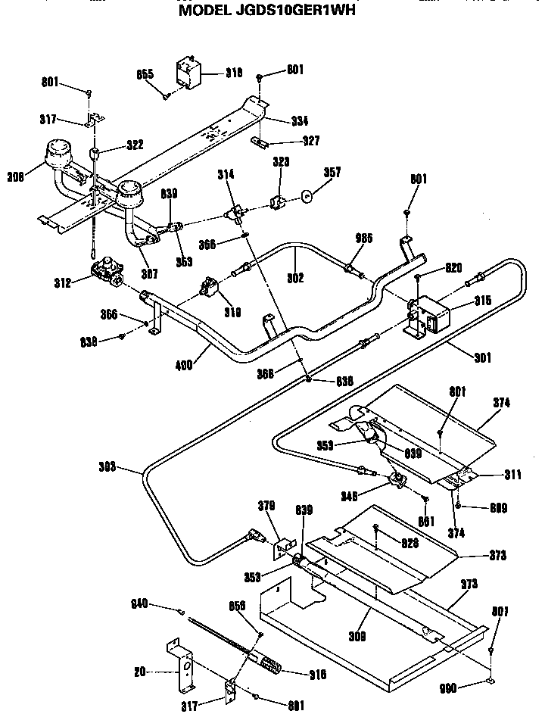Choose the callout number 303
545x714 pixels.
tap(108, 467)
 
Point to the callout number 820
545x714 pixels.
tap(453, 267)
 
